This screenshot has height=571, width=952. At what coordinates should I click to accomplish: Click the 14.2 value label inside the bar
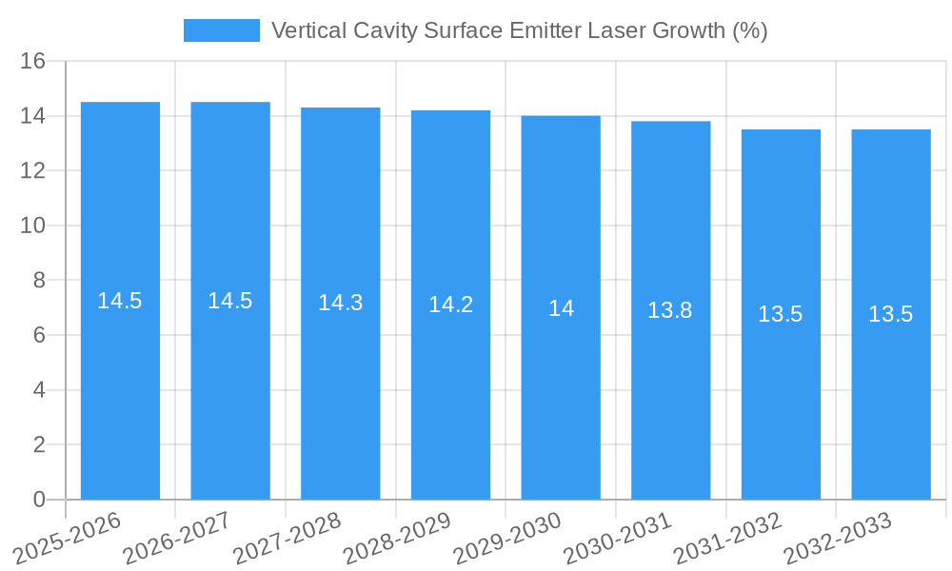(450, 305)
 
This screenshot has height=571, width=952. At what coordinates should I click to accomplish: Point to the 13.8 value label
(670, 310)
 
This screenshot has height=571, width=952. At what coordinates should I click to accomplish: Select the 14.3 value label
(341, 303)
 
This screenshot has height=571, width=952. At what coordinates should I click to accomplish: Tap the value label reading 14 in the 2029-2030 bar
(561, 308)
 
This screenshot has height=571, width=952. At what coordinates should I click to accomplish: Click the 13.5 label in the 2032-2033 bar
(890, 314)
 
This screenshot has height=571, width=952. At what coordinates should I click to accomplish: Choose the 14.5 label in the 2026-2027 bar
(230, 301)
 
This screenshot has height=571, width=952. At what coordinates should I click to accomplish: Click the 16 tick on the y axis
(33, 61)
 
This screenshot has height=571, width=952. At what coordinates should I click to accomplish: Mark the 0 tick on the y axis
(39, 500)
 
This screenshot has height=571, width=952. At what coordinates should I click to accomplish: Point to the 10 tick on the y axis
(33, 226)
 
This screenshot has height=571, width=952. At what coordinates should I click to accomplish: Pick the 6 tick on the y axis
(39, 335)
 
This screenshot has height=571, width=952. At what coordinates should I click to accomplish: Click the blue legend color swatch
(221, 30)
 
